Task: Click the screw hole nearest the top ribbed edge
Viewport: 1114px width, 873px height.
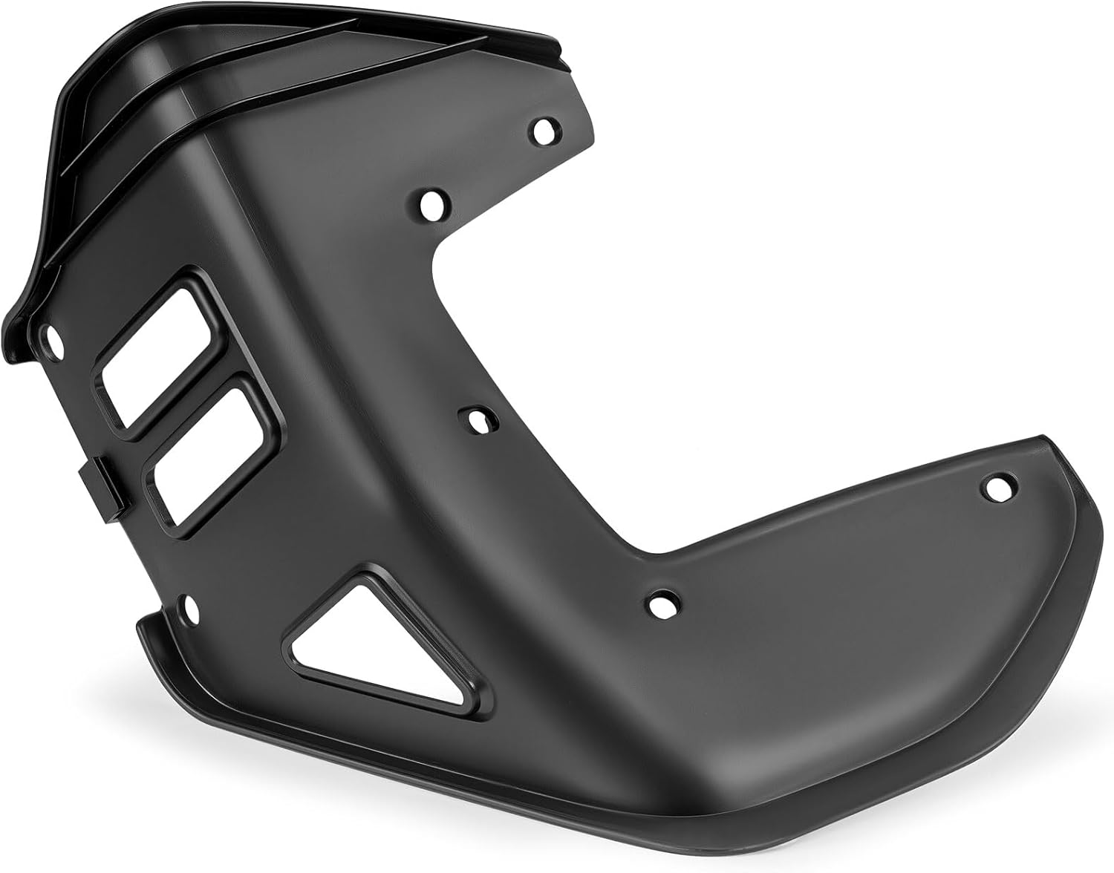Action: (x=544, y=131)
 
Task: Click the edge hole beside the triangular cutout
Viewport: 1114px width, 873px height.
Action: (x=189, y=610)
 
